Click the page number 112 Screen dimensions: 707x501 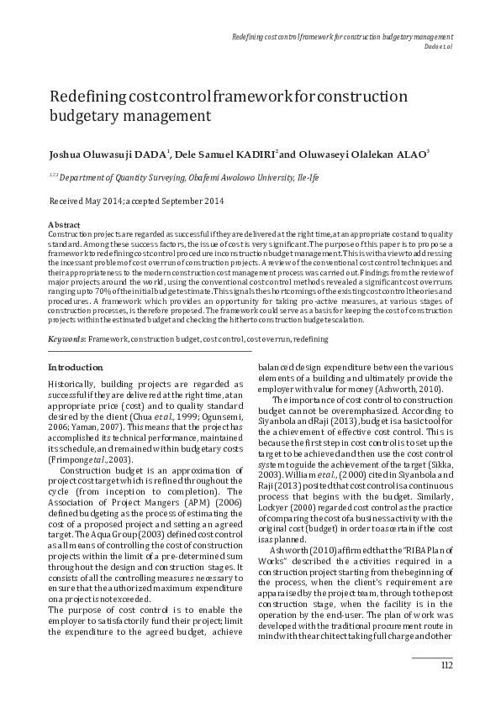[x=446, y=666]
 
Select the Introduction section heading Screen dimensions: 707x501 [x=76, y=368]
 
